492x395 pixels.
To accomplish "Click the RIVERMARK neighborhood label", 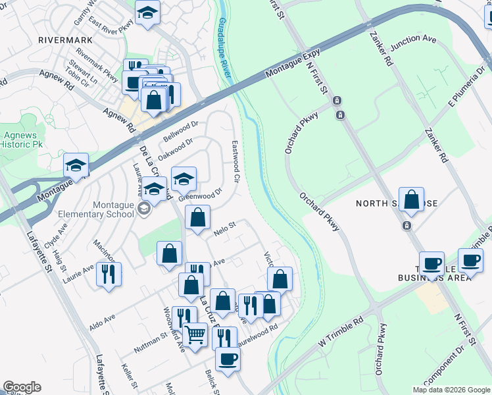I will pyautogui.click(x=66, y=39).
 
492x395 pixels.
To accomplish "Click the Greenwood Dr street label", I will pyautogui.click(x=201, y=196).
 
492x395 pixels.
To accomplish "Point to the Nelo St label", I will pyautogui.click(x=224, y=228).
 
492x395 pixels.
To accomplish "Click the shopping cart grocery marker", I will pyautogui.click(x=195, y=334).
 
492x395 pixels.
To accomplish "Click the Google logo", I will pyautogui.click(x=22, y=387).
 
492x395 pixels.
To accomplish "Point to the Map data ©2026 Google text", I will pyautogui.click(x=451, y=390).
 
